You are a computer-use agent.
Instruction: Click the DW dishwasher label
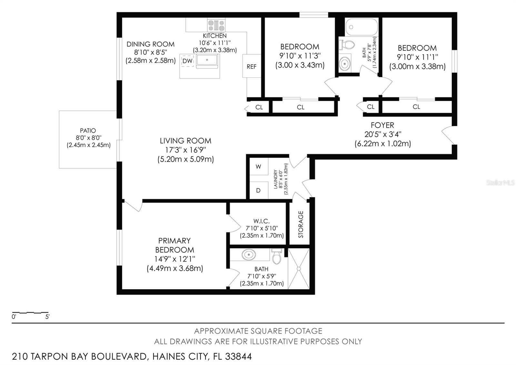pyautogui.click(x=187, y=61)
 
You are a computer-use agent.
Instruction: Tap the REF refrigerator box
pyautogui.click(x=252, y=66)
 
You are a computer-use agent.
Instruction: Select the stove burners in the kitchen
pyautogui.click(x=216, y=25)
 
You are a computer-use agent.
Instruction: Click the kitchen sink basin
pyautogui.click(x=207, y=60)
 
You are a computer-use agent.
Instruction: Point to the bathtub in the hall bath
pyautogui.click(x=361, y=27)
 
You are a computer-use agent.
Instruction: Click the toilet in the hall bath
pyautogui.click(x=346, y=45)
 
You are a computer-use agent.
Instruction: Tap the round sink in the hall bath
pyautogui.click(x=345, y=63)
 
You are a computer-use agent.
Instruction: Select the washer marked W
pyautogui.click(x=259, y=167)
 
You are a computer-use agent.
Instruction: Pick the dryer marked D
pyautogui.click(x=259, y=190)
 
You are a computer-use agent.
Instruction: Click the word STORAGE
pyautogui.click(x=301, y=224)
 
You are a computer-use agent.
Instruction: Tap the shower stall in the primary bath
pyautogui.click(x=299, y=268)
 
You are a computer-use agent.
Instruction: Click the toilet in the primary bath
pyautogui.click(x=277, y=256)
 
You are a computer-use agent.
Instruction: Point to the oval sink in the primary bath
pyautogui.click(x=249, y=255)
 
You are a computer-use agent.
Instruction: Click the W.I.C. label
pyautogui.click(x=262, y=221)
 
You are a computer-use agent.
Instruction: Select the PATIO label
pyautogui.click(x=88, y=130)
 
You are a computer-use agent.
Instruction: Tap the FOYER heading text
pyautogui.click(x=382, y=125)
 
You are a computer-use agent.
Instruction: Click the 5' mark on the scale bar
pyautogui.click(x=47, y=317)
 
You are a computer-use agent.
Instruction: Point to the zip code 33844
pyautogui.click(x=238, y=357)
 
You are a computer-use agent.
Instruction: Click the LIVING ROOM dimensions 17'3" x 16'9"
pyautogui.click(x=185, y=150)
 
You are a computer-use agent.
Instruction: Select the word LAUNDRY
pyautogui.click(x=275, y=179)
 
